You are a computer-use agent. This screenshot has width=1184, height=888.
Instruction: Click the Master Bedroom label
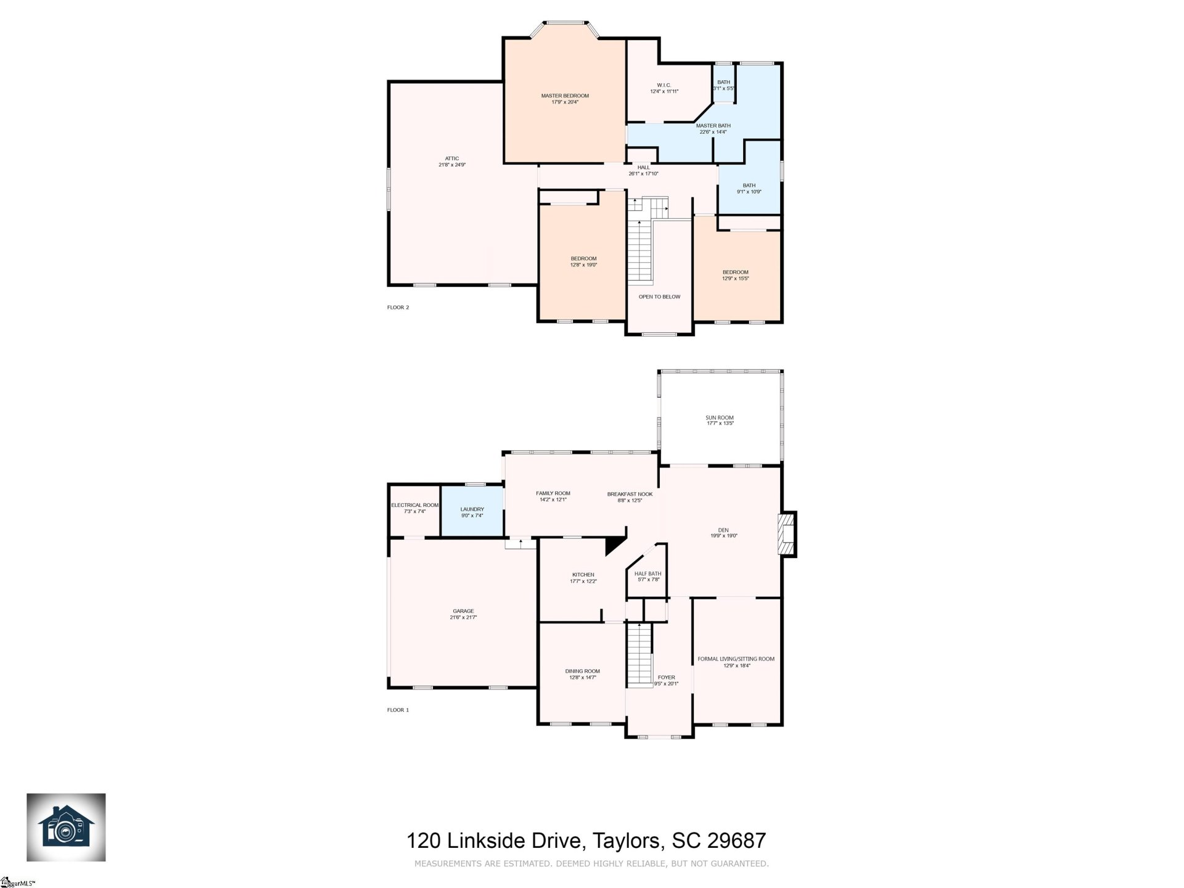pos(565,96)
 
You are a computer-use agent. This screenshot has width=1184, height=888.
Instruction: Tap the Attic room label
pos(451,159)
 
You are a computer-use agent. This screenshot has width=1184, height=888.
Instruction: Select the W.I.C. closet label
pos(664,86)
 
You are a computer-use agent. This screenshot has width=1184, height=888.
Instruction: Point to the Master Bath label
pos(713,126)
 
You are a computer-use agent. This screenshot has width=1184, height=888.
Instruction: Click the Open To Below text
pos(659,297)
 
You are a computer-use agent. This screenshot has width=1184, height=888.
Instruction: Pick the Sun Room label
pos(720,418)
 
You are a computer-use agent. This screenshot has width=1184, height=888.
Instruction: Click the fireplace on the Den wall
pos(787,534)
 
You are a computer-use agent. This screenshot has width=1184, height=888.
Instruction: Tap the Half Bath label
pos(647,574)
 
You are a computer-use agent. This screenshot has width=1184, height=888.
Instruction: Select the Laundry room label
pos(472,509)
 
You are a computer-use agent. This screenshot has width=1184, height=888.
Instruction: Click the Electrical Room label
pos(414,505)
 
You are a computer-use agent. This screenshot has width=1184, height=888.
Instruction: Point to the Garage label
pos(463,612)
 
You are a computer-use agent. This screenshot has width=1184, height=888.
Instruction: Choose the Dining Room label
pos(582,672)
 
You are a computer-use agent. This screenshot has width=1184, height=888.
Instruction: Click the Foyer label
pos(666,678)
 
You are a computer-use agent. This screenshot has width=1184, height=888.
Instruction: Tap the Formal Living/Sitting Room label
pos(736,659)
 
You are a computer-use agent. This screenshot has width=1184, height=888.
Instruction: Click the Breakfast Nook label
pos(630,495)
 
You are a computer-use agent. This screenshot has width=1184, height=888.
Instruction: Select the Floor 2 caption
pos(398,307)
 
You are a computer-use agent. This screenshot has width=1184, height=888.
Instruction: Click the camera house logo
pos(66,828)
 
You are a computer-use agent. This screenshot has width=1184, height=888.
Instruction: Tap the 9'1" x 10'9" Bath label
pos(749,186)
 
